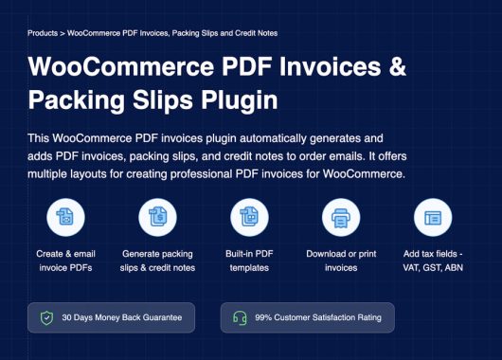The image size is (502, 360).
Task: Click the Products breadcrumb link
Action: (x=42, y=32)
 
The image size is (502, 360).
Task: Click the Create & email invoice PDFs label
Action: (x=65, y=261)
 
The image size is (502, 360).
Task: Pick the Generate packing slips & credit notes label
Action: (x=157, y=261)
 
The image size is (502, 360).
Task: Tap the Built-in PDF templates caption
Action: (x=249, y=261)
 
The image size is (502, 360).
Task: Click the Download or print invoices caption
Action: (x=341, y=261)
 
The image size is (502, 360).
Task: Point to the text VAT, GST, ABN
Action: (x=433, y=268)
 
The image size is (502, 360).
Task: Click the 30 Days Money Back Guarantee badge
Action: (x=112, y=317)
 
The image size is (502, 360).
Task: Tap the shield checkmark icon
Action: (x=46, y=317)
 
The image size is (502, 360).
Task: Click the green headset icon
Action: (x=240, y=317)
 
